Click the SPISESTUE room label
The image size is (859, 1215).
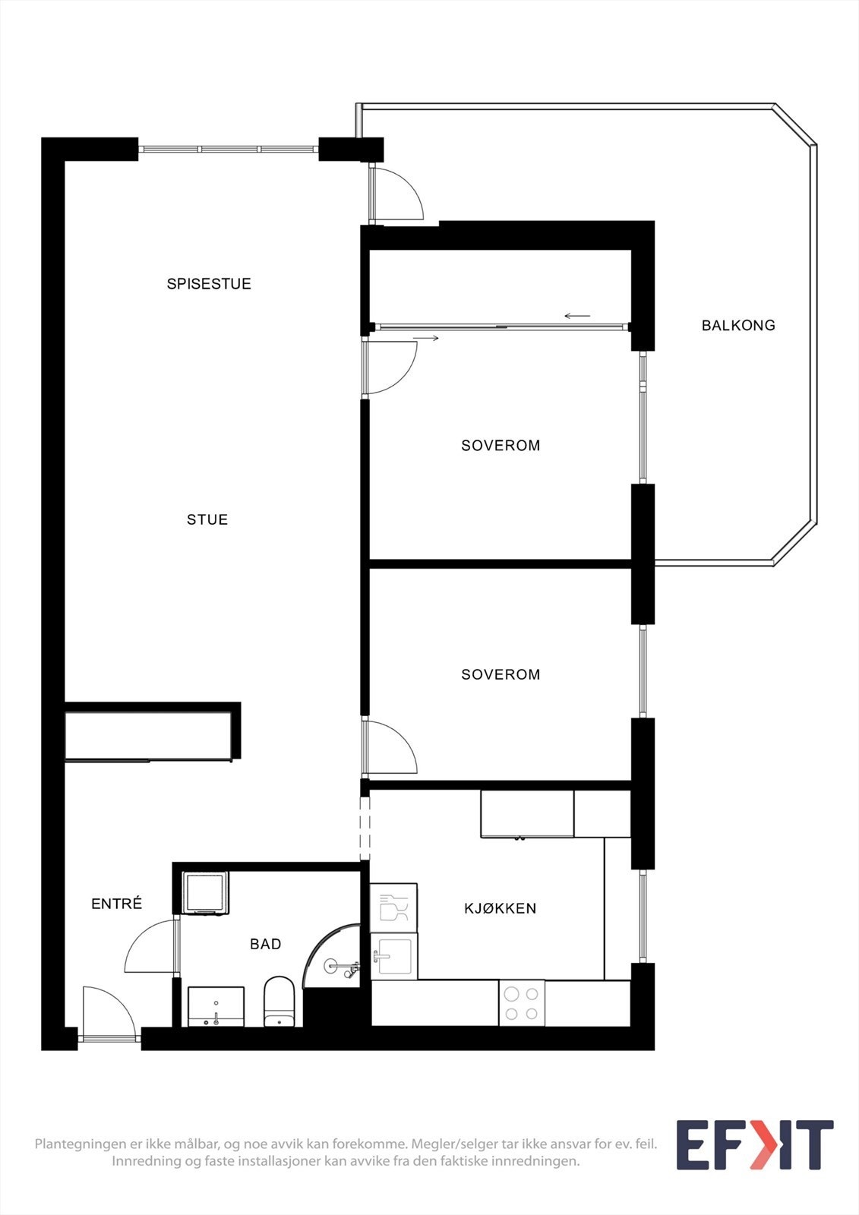pos(209,284)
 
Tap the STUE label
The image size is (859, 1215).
pos(207,520)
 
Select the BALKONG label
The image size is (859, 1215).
pos(738,326)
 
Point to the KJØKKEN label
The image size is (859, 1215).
pos(501,908)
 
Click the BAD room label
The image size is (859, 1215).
pos(266,944)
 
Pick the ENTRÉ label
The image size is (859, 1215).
pos(117,904)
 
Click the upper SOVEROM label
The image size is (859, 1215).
pos(501,446)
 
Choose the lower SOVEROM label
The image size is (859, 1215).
pos(501,674)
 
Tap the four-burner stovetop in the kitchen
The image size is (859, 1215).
pos(522,1003)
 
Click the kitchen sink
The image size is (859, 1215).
pos(393,955)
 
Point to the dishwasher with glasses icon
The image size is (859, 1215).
pos(393,907)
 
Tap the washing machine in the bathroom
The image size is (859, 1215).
pos(206,893)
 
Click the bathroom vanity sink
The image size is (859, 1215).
pos(216,1007)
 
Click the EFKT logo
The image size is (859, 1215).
pos(754,1145)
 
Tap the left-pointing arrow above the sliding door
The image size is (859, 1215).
pos(577,316)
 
